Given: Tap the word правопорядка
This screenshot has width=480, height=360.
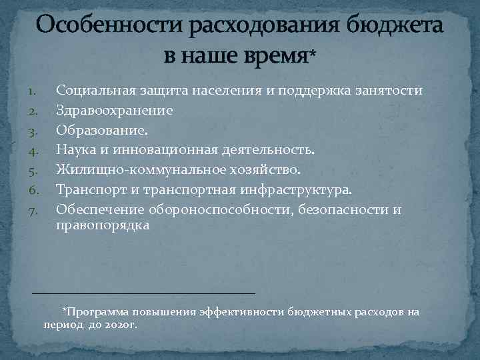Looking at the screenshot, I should [103, 226].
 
